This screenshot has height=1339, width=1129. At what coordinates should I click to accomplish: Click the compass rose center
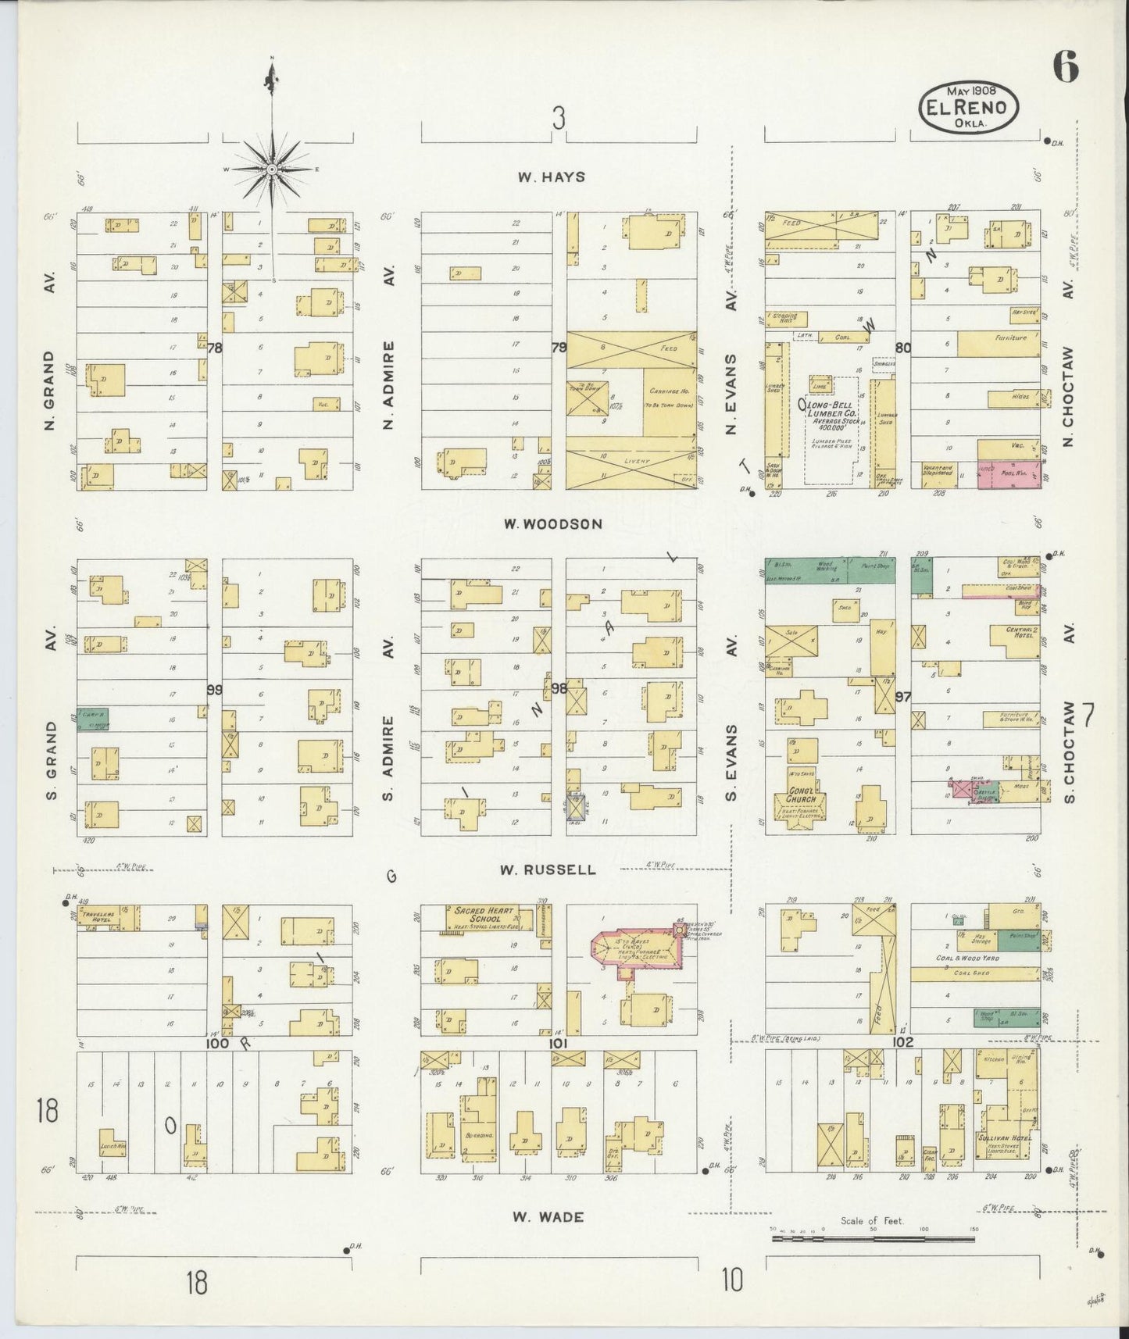[271, 169]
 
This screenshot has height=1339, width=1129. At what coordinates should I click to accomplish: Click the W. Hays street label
[551, 177]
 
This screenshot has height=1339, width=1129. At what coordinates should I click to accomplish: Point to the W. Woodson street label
[552, 523]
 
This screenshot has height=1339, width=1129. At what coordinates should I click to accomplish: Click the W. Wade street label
[548, 1216]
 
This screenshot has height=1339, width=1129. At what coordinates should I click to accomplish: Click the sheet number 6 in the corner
[1066, 69]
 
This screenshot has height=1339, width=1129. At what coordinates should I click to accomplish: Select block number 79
[559, 348]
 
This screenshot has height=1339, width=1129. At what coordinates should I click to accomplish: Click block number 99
[214, 689]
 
